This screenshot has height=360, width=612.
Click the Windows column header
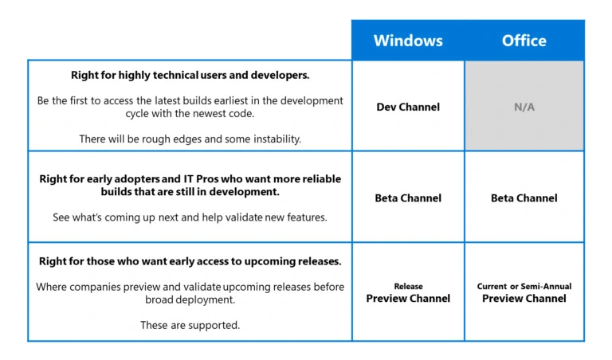coord(408,40)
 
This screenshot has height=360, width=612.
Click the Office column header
coord(524,40)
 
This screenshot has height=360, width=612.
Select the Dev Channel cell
coord(408,106)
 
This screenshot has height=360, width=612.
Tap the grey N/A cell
coord(524,106)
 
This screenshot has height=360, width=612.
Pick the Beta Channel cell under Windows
coord(408,198)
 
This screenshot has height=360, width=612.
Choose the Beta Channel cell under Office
coord(524,198)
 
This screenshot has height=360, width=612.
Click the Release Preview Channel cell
coord(408,293)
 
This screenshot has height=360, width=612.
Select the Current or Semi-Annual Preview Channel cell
coord(524,293)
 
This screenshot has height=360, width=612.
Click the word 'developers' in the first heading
coord(280,75)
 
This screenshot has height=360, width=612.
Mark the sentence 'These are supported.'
coord(190,325)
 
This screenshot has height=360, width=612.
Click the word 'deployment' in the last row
coord(202,299)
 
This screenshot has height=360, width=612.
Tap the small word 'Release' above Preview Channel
coord(408,286)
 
